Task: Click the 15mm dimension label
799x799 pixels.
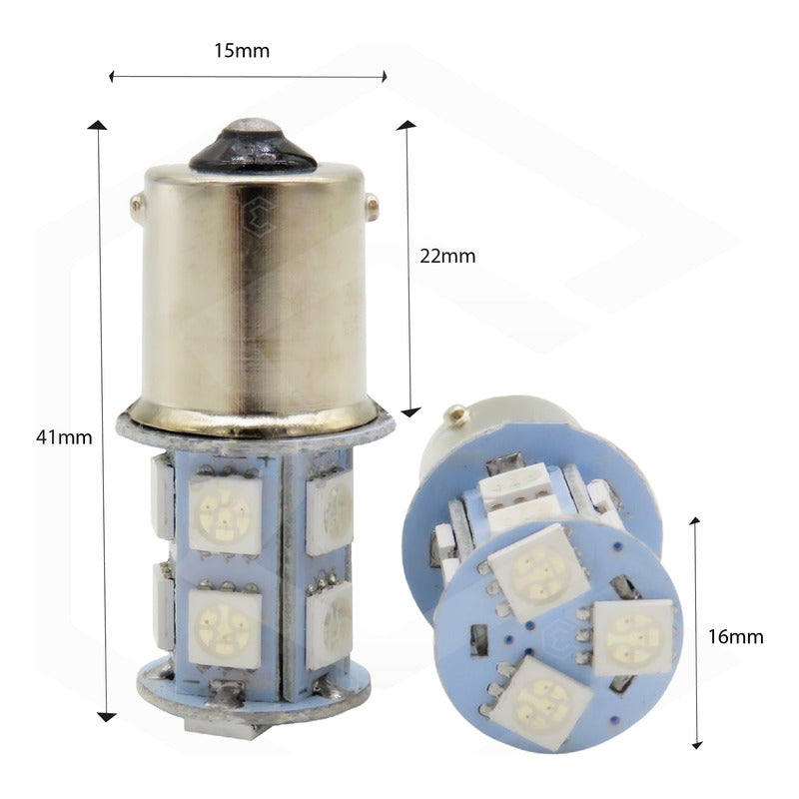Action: click(242, 50)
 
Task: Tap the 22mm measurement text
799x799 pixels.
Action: click(446, 256)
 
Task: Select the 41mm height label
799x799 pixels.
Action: click(64, 436)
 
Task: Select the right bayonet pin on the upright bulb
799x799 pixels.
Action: click(372, 208)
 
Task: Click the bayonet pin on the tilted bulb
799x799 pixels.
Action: click(455, 413)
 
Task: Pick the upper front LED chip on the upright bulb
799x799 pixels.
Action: click(226, 511)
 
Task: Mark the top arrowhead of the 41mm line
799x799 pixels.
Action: click(97, 125)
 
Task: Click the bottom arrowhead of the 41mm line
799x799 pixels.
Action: click(106, 716)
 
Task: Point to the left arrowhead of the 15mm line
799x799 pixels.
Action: click(113, 76)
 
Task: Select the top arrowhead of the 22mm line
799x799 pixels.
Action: click(405, 125)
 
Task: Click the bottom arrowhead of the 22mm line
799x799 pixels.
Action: click(409, 410)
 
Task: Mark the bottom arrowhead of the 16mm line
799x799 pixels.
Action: click(697, 744)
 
